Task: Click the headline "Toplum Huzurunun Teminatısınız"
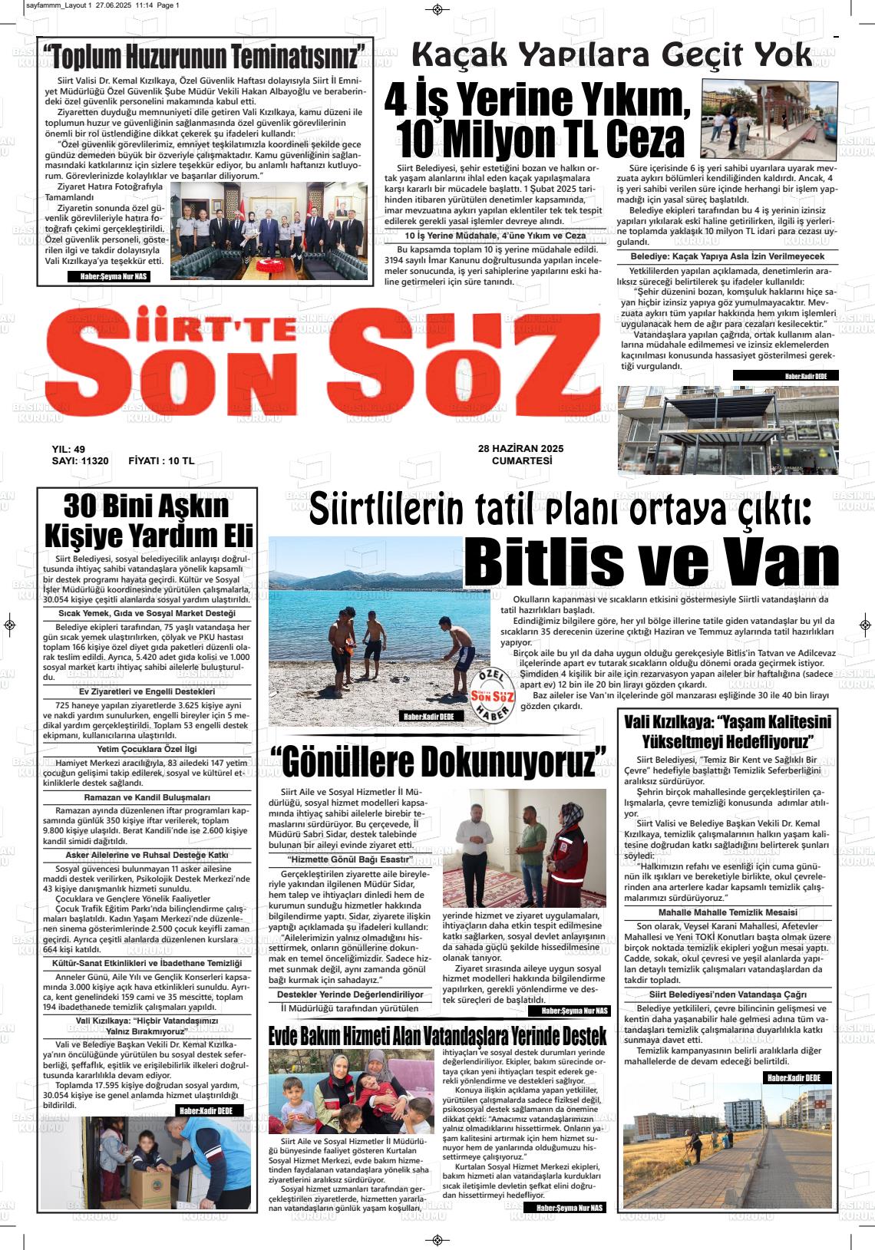coord(205,57)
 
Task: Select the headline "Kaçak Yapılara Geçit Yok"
coord(611,54)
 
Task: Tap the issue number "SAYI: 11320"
coord(80,461)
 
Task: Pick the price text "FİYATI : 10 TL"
coord(161,461)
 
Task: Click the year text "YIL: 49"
coord(68,450)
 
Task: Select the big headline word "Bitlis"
coord(569,562)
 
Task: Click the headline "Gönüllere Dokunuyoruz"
coord(438,761)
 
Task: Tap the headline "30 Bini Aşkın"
coord(146,506)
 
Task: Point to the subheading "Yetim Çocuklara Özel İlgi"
coord(147,748)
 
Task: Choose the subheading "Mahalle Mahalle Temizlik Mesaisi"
coord(727,912)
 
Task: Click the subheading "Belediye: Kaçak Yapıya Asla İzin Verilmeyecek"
coord(727,256)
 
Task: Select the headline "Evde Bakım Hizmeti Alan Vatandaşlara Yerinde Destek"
coord(438,1035)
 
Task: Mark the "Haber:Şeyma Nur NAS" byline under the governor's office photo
coord(110,276)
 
